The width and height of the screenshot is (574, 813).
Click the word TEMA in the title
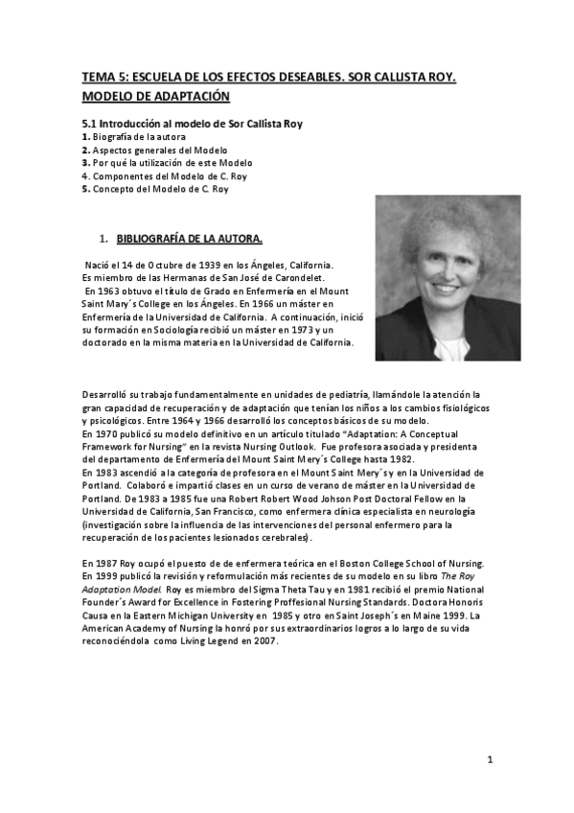(x=96, y=79)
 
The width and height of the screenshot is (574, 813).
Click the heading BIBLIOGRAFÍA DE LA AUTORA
(x=189, y=238)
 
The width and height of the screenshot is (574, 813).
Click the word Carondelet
(x=277, y=278)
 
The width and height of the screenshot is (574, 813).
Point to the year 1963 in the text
(x=108, y=291)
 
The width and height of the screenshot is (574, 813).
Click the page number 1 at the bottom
(x=490, y=760)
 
